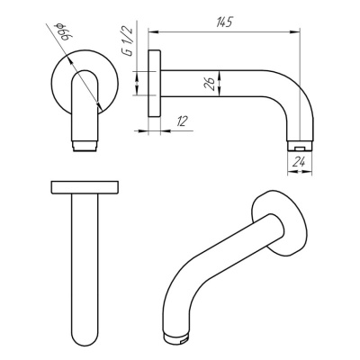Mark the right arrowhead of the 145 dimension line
click(x=296, y=33)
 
